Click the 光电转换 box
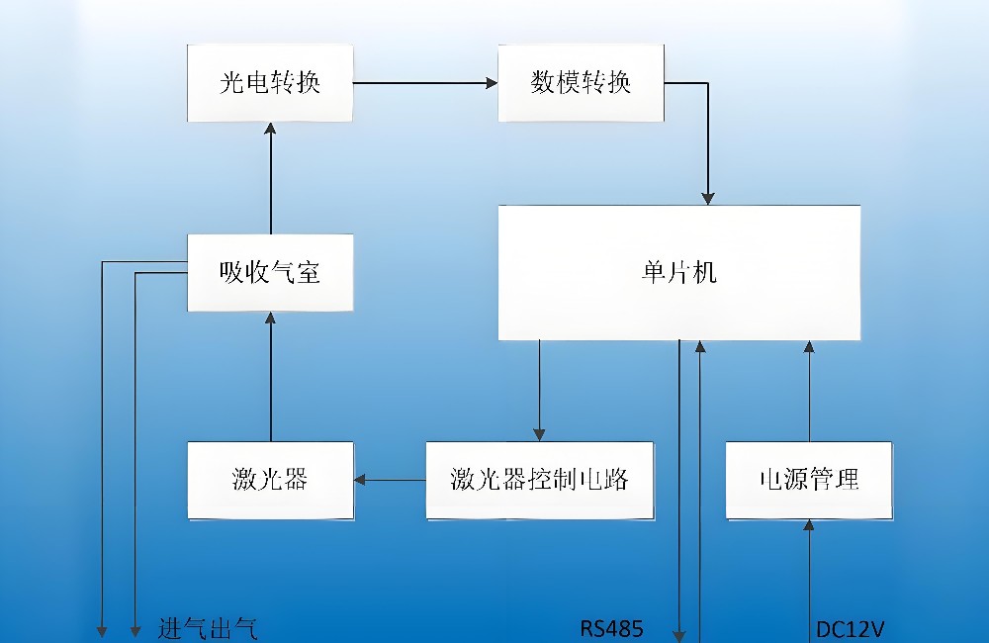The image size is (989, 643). click(x=270, y=82)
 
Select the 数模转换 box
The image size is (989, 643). click(x=581, y=82)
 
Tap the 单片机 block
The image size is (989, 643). click(x=678, y=272)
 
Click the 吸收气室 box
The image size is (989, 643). click(x=270, y=272)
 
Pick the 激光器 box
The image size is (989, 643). click(x=270, y=481)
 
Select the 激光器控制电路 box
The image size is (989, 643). click(x=539, y=481)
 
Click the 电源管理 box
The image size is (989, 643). click(x=809, y=481)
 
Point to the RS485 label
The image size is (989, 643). click(x=611, y=628)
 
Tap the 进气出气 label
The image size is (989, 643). click(x=208, y=628)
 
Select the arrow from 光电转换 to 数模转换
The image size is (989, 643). click(x=425, y=83)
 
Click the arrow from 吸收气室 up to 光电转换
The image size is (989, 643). click(x=270, y=178)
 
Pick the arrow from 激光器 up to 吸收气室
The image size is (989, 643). click(x=270, y=376)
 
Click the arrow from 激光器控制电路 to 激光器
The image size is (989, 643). click(x=390, y=481)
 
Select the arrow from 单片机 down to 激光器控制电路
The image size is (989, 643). click(x=539, y=391)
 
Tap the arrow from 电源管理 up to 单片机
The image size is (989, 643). click(x=809, y=391)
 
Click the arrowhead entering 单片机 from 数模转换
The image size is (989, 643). click(x=708, y=196)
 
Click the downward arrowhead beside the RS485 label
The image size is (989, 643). click(x=679, y=632)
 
